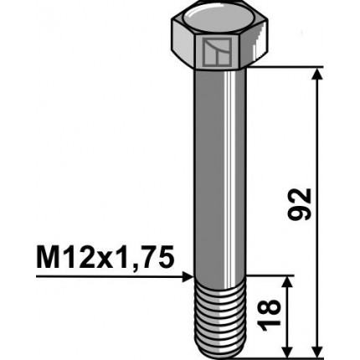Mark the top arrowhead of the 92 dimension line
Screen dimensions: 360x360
[317, 76]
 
